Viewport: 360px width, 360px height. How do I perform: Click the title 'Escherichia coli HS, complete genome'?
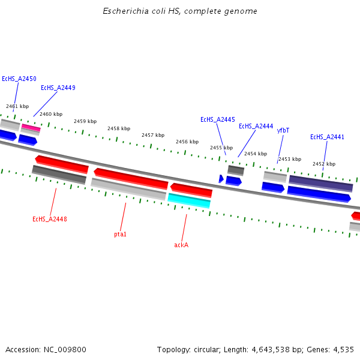pyautogui.click(x=180, y=11)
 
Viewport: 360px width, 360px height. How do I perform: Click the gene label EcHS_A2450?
pyautogui.click(x=19, y=79)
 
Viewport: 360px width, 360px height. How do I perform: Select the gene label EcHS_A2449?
pyautogui.click(x=58, y=88)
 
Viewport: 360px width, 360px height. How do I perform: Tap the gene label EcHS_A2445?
pyautogui.click(x=218, y=119)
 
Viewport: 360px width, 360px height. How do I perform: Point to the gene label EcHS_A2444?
pyautogui.click(x=256, y=126)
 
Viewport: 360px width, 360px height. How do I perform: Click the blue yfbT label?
pyautogui.click(x=283, y=130)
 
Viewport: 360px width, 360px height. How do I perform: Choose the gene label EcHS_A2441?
pyautogui.click(x=327, y=137)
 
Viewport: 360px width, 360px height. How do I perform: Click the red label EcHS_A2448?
pyautogui.click(x=50, y=219)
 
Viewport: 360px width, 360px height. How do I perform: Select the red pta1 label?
pyautogui.click(x=120, y=234)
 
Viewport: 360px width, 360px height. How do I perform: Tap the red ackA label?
pyautogui.click(x=181, y=245)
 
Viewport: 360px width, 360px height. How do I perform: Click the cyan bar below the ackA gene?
pyautogui.click(x=189, y=200)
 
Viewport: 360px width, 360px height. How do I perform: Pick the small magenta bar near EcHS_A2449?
pyautogui.click(x=31, y=127)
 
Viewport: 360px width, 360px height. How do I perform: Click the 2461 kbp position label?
pyautogui.click(x=17, y=106)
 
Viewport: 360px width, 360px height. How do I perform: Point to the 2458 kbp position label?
pyautogui.click(x=119, y=128)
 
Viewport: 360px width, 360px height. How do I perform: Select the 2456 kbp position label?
pyautogui.click(x=187, y=142)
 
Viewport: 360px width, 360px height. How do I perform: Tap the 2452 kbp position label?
pyautogui.click(x=324, y=164)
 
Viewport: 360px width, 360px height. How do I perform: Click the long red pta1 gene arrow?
pyautogui.click(x=131, y=178)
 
